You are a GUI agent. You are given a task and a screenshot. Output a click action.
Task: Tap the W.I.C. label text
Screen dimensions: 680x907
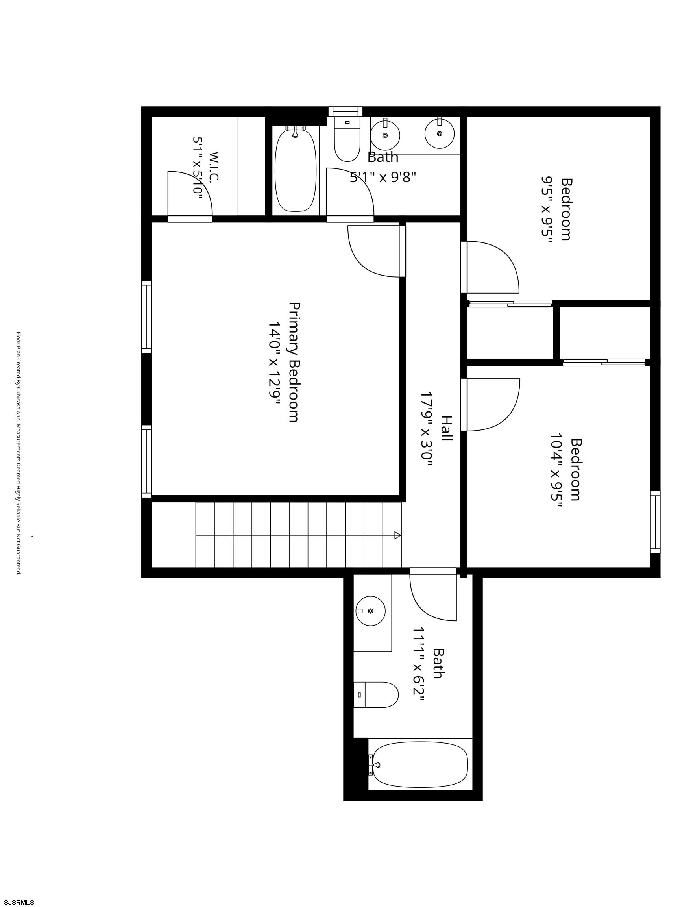(214, 167)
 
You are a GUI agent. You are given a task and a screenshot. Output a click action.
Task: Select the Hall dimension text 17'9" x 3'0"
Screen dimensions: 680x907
(426, 434)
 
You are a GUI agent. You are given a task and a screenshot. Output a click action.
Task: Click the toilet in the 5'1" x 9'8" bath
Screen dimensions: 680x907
(347, 139)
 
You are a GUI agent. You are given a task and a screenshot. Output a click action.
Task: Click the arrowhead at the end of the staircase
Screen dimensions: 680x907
(397, 535)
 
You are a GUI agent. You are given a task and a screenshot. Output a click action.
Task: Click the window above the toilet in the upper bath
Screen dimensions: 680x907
(346, 111)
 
